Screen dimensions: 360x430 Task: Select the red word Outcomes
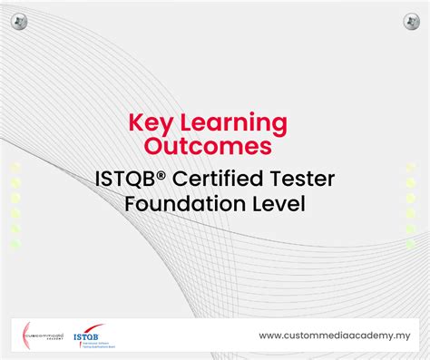tap(214, 146)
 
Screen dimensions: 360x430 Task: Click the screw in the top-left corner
tap(21, 21)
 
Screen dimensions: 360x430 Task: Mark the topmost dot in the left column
tap(16, 167)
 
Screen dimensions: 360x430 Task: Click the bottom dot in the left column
tap(16, 244)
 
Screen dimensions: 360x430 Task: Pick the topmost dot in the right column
tap(411, 167)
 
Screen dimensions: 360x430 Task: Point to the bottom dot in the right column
tap(411, 244)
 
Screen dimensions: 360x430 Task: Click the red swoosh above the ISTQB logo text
tap(89, 327)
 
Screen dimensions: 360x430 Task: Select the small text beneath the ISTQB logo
tap(94, 345)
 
